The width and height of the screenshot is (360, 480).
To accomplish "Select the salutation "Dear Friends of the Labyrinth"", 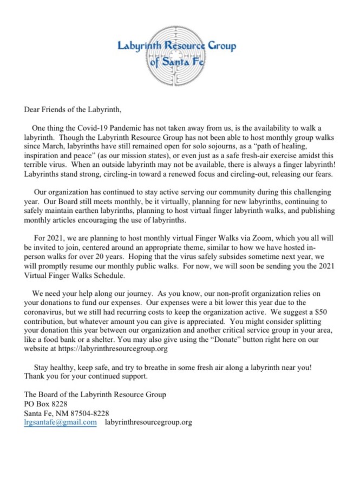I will [x=73, y=109].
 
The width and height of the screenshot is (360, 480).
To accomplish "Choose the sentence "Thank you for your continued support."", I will [x=86, y=376].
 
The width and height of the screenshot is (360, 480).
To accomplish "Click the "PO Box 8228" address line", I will [x=46, y=404].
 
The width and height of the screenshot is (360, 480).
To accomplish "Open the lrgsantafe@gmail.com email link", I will [x=61, y=422].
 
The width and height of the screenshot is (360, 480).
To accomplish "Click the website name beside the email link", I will [x=148, y=422].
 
